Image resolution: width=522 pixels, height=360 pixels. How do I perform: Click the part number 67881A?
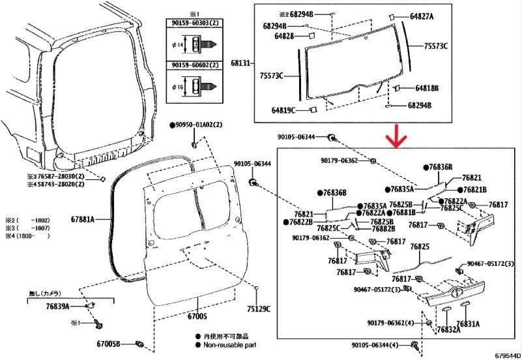tap(82, 219)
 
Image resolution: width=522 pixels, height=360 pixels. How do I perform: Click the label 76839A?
tap(58, 306)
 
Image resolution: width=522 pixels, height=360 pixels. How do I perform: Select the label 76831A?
tap(468, 323)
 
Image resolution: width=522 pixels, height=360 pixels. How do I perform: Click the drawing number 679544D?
tap(506, 355)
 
